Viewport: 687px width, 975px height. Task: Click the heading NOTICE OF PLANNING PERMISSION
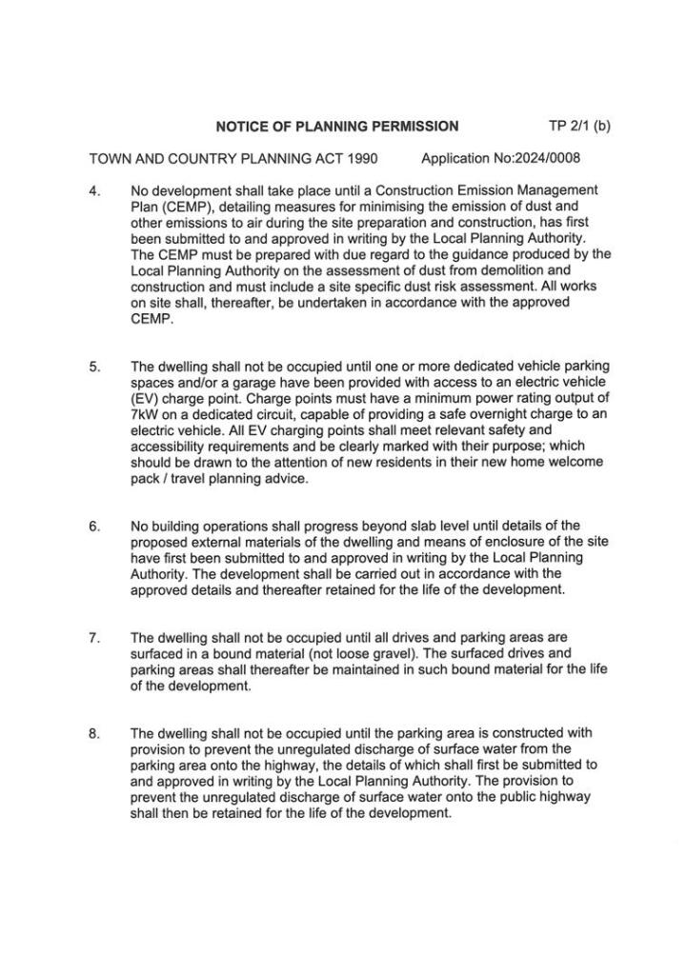point(337,126)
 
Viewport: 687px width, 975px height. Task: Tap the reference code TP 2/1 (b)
point(579,125)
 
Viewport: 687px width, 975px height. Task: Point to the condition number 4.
point(93,190)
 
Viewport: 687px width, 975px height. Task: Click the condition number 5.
point(93,367)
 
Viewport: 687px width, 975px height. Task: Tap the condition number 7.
point(93,637)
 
